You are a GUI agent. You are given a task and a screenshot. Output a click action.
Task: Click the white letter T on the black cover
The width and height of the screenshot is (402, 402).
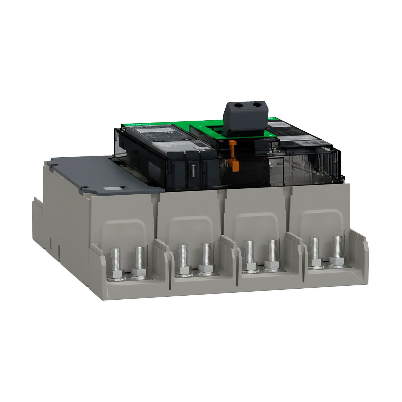tap(193, 170)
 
